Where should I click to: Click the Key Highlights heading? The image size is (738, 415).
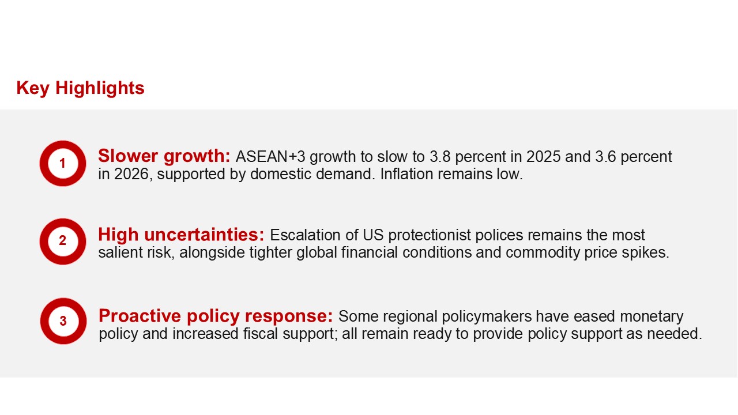click(80, 88)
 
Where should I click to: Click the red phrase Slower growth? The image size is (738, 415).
click(164, 156)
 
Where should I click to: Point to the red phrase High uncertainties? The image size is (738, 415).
click(181, 235)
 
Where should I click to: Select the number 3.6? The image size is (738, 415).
click(605, 157)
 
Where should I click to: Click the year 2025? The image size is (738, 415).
click(543, 157)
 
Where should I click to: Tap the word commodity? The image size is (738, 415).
click(543, 253)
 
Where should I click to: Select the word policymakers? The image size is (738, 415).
click(487, 317)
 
